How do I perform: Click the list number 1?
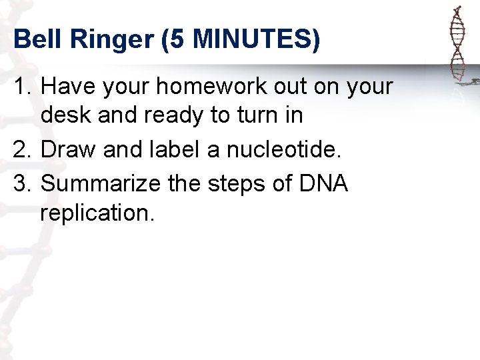click(22, 87)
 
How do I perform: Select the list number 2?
click(22, 149)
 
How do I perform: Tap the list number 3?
click(22, 183)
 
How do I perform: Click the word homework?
click(215, 87)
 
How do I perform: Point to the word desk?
click(65, 116)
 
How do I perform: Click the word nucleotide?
click(281, 149)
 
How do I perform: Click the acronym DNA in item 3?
click(325, 183)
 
